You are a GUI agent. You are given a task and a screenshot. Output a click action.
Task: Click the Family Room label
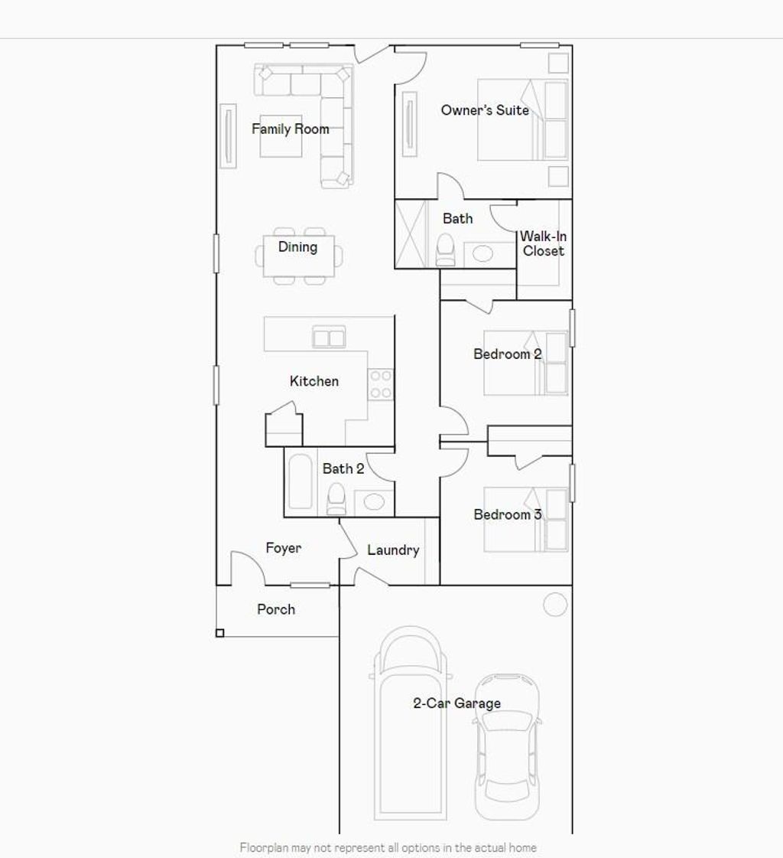point(291,129)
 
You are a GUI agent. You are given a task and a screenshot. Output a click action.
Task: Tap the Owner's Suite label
point(485,110)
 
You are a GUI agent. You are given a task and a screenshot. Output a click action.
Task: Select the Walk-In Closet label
point(544,243)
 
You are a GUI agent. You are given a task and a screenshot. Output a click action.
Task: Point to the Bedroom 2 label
point(508,354)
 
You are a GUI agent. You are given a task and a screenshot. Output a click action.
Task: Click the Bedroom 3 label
point(508,514)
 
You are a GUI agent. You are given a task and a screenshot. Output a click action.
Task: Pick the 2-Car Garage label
point(457,703)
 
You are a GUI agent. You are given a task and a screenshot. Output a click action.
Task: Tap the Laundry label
point(393,550)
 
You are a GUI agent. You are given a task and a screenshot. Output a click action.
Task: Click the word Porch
point(276,609)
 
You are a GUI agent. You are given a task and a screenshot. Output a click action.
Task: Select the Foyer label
point(284,548)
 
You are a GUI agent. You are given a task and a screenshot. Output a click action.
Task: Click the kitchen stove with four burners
point(381,384)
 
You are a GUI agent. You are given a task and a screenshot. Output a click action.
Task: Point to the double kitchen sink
point(329,337)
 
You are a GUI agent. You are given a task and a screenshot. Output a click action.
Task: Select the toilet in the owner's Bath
point(446,250)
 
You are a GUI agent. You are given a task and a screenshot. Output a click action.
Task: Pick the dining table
point(297,256)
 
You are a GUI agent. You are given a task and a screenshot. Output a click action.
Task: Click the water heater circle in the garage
point(555,605)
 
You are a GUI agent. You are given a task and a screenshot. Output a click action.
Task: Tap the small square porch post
point(220,633)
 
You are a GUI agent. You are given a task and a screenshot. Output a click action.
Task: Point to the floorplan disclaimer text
point(388,847)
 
